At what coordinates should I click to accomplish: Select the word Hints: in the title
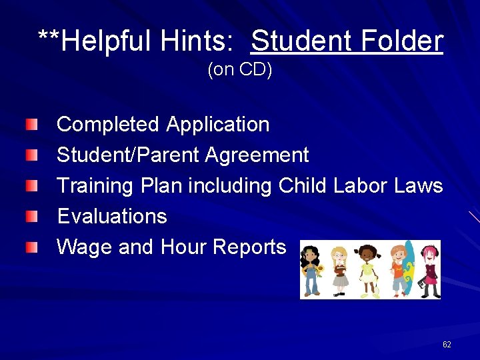pos(197,41)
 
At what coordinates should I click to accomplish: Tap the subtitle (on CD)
pos(240,70)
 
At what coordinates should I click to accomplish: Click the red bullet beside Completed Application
pos(32,125)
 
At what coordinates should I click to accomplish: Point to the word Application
pos(218,125)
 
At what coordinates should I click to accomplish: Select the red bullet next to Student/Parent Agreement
pos(32,155)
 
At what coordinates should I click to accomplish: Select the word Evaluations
pos(112,216)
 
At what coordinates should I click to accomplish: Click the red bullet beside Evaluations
pos(32,216)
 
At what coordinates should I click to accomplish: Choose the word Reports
pos(249,247)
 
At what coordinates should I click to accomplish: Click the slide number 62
pos(447,345)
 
